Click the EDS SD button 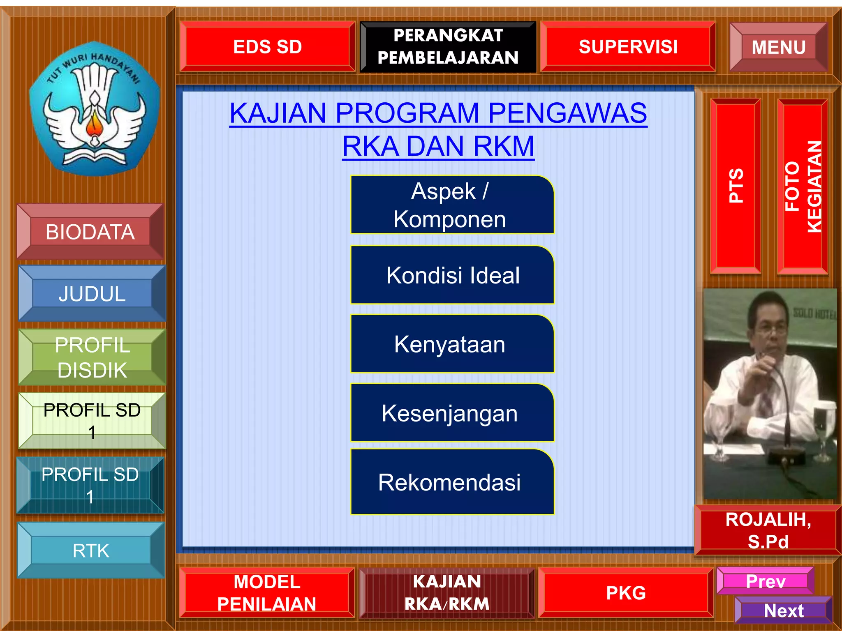pos(267,46)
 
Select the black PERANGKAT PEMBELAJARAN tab pos(448,46)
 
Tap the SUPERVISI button pos(628,46)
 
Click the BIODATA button pos(90,232)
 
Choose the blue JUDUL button pos(92,293)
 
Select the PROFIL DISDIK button pos(92,357)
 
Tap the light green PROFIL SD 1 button pos(92,420)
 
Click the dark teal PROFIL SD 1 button pos(90,485)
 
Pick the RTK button pos(91,550)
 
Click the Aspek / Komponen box pos(452,205)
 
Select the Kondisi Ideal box pos(452,275)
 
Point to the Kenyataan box pos(452,344)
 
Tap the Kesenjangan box pos(452,413)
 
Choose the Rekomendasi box pos(452,482)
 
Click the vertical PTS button pos(736,186)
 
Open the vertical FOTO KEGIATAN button pos(802,187)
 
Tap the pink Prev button pos(765,581)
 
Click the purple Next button pos(783,610)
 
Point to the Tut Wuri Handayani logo pos(94,109)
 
